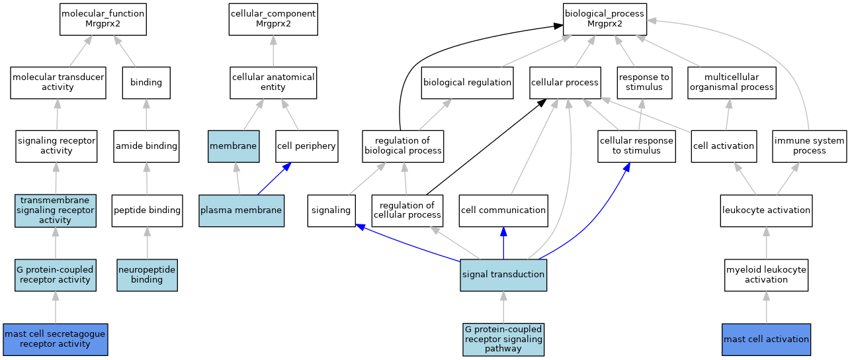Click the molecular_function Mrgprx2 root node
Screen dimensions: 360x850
coord(103,19)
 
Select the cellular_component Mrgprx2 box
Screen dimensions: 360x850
coord(273,19)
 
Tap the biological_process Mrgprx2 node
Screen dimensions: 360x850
coord(605,19)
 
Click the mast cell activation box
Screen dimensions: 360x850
coord(766,339)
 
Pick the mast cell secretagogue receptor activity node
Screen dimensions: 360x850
coord(55,339)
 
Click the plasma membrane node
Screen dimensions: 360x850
coord(241,210)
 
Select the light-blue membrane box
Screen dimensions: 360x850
coord(233,146)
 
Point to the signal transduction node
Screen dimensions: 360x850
coord(503,275)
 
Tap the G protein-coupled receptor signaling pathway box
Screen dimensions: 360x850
coord(503,339)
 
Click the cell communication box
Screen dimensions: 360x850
coord(503,210)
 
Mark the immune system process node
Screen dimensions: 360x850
coord(810,146)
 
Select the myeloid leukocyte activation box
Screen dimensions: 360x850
coord(766,275)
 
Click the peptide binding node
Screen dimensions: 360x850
coord(147,210)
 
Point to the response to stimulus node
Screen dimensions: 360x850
coord(644,83)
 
